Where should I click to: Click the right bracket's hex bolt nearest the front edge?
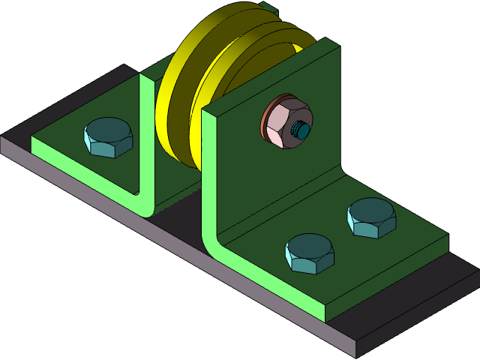310,253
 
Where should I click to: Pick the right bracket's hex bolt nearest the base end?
371,217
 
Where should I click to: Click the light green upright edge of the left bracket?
145,135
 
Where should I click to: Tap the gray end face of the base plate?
420,322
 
